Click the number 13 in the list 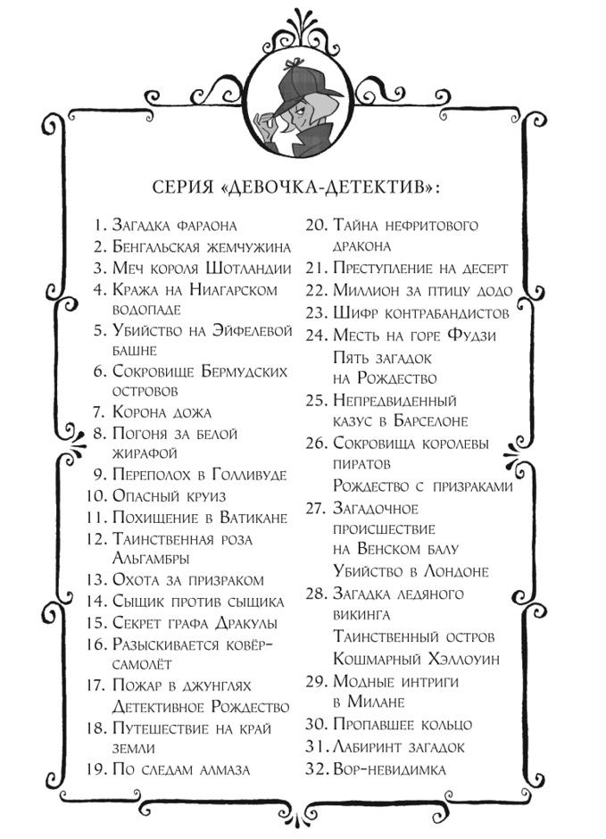coord(96,579)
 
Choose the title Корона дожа coord(162,412)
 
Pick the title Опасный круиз coord(168,495)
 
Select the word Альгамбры coord(150,558)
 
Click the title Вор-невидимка coord(388,768)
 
